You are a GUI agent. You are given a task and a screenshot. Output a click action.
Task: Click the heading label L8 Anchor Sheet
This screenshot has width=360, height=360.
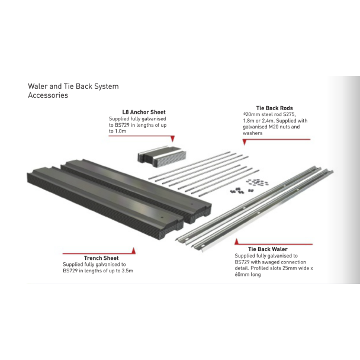tap(144, 112)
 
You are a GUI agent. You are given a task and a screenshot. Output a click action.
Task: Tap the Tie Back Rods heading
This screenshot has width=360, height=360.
tap(274, 108)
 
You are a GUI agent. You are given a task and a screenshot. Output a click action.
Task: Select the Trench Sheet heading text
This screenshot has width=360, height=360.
tap(101, 258)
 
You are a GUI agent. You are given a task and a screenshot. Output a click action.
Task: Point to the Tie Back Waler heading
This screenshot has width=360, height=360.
tap(268, 249)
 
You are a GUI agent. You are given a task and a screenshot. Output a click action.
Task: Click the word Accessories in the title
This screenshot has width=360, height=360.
tap(48, 95)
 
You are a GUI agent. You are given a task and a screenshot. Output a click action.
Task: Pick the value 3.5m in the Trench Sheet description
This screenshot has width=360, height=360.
tap(127, 271)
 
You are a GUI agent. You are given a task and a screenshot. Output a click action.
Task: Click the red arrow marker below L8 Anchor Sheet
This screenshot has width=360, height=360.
tap(172, 139)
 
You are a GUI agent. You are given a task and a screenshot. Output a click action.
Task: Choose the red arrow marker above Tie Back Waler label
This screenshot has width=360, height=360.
tap(236, 242)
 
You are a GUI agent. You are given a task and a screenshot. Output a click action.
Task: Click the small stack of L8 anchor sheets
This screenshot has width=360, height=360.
tap(161, 155)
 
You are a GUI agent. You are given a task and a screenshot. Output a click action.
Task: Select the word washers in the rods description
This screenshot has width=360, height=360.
tap(252, 133)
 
